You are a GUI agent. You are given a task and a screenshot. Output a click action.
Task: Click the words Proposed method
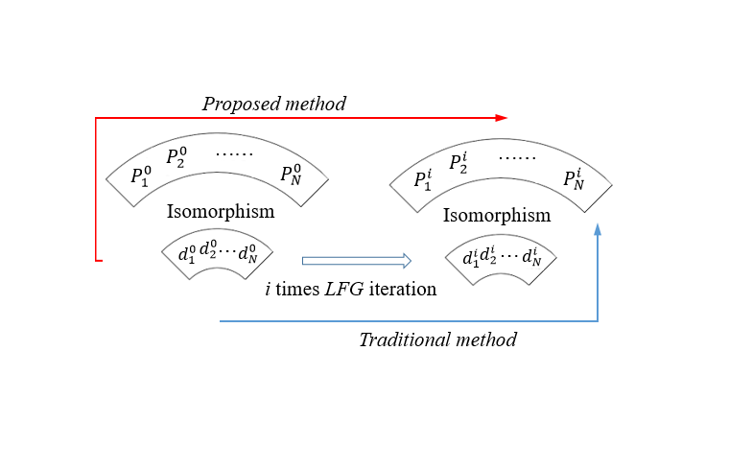[x=273, y=103]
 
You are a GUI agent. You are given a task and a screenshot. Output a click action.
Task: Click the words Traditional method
[x=437, y=339]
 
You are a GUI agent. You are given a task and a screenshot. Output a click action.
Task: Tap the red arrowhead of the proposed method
[x=502, y=118]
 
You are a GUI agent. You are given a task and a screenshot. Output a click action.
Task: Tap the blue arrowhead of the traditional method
[x=598, y=229]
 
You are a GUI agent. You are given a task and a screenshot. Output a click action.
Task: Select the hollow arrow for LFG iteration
[x=356, y=260]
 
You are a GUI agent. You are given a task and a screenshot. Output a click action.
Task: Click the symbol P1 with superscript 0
[x=141, y=175]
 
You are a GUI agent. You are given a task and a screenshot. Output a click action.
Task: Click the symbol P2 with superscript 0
[x=176, y=157]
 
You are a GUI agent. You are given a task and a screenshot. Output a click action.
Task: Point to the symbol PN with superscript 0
[x=292, y=174]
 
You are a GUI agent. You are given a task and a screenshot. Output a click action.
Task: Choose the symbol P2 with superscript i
[x=459, y=162]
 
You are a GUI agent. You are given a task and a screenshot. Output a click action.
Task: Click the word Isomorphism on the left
[x=221, y=211]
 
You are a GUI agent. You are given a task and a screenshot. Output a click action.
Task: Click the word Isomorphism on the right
[x=497, y=215]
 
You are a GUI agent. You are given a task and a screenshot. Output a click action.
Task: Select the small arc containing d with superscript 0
[x=218, y=255]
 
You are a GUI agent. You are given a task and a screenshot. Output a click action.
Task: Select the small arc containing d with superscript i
[x=501, y=259]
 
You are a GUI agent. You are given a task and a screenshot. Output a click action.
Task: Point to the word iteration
[x=409, y=288]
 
